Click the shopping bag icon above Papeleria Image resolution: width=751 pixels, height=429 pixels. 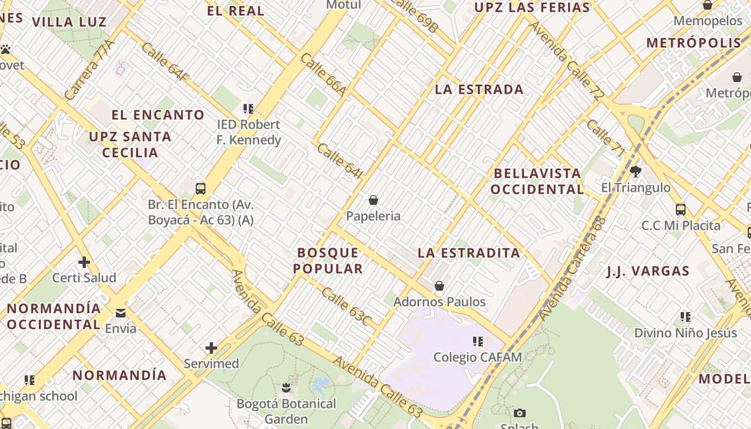(x=373, y=201)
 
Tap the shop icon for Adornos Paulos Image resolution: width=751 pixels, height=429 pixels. (x=439, y=286)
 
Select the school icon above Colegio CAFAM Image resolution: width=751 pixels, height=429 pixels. (x=478, y=341)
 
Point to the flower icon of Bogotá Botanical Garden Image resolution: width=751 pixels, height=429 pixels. (x=286, y=387)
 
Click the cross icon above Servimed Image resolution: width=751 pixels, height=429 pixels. (x=211, y=348)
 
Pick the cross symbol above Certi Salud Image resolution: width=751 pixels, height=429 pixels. (x=84, y=262)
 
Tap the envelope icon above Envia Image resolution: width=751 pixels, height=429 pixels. (x=121, y=313)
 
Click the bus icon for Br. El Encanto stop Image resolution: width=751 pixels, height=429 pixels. (x=201, y=188)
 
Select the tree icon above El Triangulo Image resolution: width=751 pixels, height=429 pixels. (x=636, y=172)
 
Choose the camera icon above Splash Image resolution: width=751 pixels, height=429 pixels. (x=519, y=413)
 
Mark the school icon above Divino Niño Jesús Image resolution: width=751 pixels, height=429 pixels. (x=686, y=317)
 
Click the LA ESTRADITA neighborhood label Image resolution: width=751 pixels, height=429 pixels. (x=469, y=253)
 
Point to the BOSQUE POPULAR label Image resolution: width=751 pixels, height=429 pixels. (x=328, y=260)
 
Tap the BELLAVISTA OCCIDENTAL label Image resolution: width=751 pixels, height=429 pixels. (x=537, y=181)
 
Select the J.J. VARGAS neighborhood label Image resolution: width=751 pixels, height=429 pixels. (x=648, y=271)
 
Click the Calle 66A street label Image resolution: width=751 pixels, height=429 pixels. (x=323, y=75)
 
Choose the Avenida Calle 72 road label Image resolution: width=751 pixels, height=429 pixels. (x=566, y=61)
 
